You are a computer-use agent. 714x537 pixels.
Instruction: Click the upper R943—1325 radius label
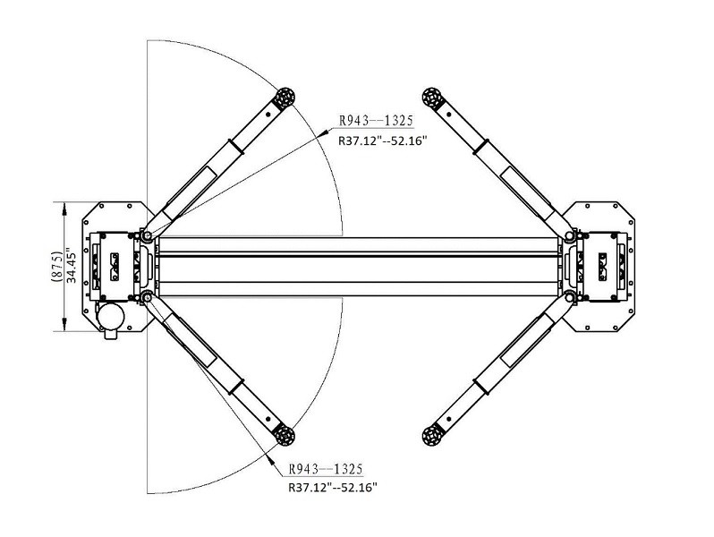point(376,124)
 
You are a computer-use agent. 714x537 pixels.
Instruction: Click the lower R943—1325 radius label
point(325,470)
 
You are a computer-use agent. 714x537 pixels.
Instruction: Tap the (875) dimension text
point(55,267)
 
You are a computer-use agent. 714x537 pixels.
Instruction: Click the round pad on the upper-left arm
point(285,98)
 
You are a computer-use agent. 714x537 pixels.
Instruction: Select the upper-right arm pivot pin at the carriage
point(570,237)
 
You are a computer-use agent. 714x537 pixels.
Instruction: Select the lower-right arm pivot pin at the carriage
point(570,296)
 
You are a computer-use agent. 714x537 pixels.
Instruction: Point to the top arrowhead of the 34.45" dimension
point(63,207)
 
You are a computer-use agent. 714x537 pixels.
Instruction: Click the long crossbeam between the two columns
point(358,267)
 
